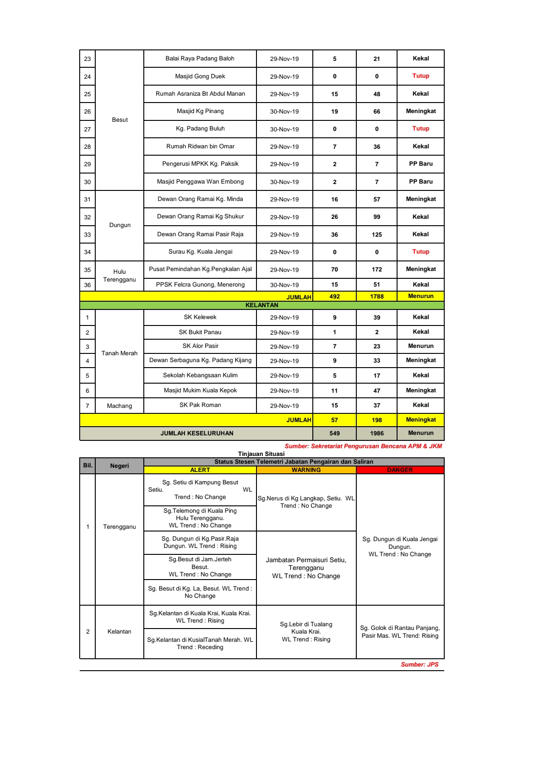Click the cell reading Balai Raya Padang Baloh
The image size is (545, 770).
click(200, 59)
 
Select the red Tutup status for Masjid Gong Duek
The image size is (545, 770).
click(420, 76)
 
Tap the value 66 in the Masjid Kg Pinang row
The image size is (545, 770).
click(376, 112)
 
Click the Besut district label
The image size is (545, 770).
click(120, 120)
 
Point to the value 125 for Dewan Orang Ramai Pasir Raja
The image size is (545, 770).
click(376, 235)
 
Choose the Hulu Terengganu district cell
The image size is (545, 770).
click(120, 276)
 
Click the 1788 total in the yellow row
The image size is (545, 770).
click(376, 297)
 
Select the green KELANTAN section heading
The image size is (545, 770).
click(262, 305)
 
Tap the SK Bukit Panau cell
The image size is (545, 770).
click(200, 332)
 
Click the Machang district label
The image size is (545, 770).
click(120, 406)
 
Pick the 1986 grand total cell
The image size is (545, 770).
click(376, 434)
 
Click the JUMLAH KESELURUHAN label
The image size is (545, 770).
click(197, 434)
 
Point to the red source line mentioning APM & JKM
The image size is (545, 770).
click(363, 446)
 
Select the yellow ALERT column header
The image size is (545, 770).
click(200, 470)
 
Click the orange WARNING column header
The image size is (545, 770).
click(306, 470)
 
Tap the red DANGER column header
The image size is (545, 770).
click(400, 470)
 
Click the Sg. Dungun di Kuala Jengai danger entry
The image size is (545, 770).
click(400, 547)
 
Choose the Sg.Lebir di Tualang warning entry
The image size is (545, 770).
click(306, 632)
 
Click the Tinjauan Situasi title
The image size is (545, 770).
click(261, 454)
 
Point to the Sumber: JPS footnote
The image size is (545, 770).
click(420, 665)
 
